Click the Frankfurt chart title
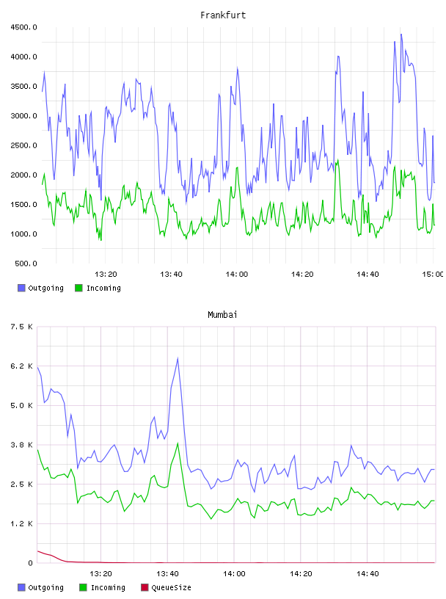coord(223,15)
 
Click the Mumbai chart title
coord(222,315)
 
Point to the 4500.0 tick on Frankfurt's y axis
coord(23,27)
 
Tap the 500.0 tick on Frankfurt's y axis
coord(26,264)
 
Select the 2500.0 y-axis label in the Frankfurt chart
coord(23,145)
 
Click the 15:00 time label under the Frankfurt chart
coord(433,275)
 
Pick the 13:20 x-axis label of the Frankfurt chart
coord(106,275)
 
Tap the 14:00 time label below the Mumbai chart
coord(234,574)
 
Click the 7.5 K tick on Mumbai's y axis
coord(21,327)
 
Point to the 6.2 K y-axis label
coord(21,366)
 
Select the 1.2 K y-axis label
coord(21,523)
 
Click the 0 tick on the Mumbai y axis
coord(30,563)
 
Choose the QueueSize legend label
coord(171,587)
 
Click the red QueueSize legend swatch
coord(145,587)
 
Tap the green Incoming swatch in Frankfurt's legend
coord(78,288)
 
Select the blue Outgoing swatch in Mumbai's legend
coord(21,587)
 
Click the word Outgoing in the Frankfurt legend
coord(45,288)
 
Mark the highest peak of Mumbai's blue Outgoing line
coord(178,358)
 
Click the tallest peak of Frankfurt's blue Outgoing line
coord(401,35)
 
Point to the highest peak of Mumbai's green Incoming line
coord(178,443)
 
